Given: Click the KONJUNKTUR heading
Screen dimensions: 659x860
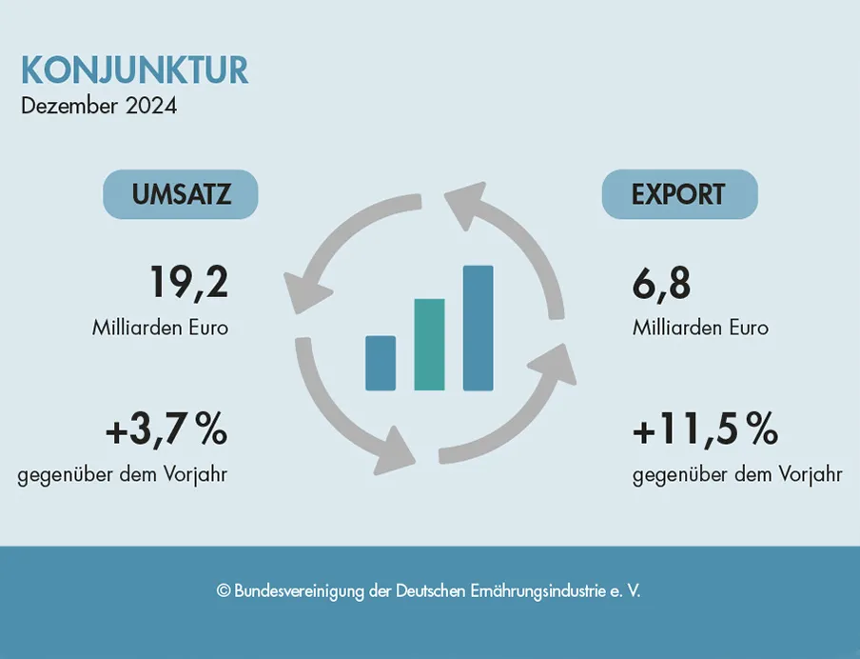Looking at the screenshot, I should (x=134, y=70).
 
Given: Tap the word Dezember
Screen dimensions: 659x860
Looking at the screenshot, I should (x=71, y=105).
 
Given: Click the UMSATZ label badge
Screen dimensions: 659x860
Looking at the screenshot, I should (x=181, y=194).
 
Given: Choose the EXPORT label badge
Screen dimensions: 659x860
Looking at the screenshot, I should (x=679, y=194).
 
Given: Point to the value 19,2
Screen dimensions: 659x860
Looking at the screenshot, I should (x=188, y=283).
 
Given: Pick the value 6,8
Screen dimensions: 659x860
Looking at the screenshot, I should (x=661, y=283).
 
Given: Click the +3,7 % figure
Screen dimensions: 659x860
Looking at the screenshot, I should (x=166, y=431).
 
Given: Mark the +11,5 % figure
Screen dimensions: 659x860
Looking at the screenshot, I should (x=705, y=431).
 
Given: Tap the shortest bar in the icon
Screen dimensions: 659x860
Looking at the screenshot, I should (x=381, y=363).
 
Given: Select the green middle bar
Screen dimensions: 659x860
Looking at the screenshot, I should (x=429, y=345).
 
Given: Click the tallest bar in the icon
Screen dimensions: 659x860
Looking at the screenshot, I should (x=478, y=328).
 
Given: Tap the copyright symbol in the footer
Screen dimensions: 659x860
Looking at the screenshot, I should (x=224, y=591).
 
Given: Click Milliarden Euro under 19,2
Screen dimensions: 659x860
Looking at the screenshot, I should (x=160, y=328).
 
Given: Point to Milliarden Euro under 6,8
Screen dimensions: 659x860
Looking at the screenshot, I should (x=700, y=328).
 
